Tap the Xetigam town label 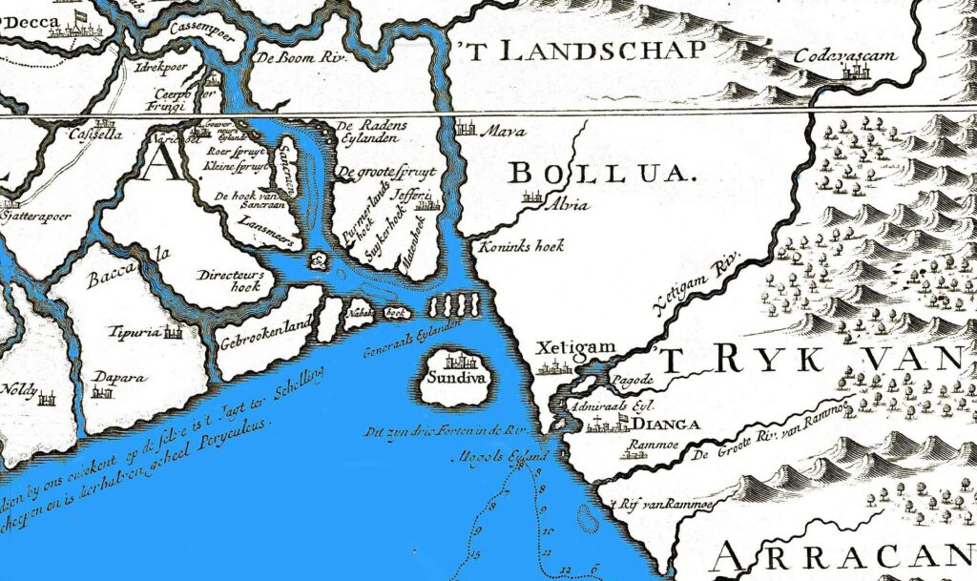[x=566, y=348]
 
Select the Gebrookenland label [x=266, y=324]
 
